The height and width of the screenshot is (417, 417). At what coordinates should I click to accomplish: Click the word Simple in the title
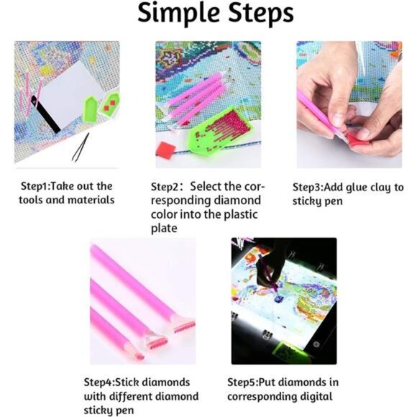(x=179, y=13)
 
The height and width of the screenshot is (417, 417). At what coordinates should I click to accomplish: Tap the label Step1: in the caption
(x=35, y=186)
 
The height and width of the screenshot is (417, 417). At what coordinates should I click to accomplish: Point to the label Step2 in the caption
(x=165, y=187)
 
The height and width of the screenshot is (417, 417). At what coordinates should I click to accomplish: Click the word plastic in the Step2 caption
(x=241, y=214)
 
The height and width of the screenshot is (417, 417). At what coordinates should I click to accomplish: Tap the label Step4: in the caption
(x=99, y=382)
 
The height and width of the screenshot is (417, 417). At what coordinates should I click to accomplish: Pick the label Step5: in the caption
(x=242, y=382)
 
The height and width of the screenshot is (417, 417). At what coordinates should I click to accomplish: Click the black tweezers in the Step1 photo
(x=80, y=147)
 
